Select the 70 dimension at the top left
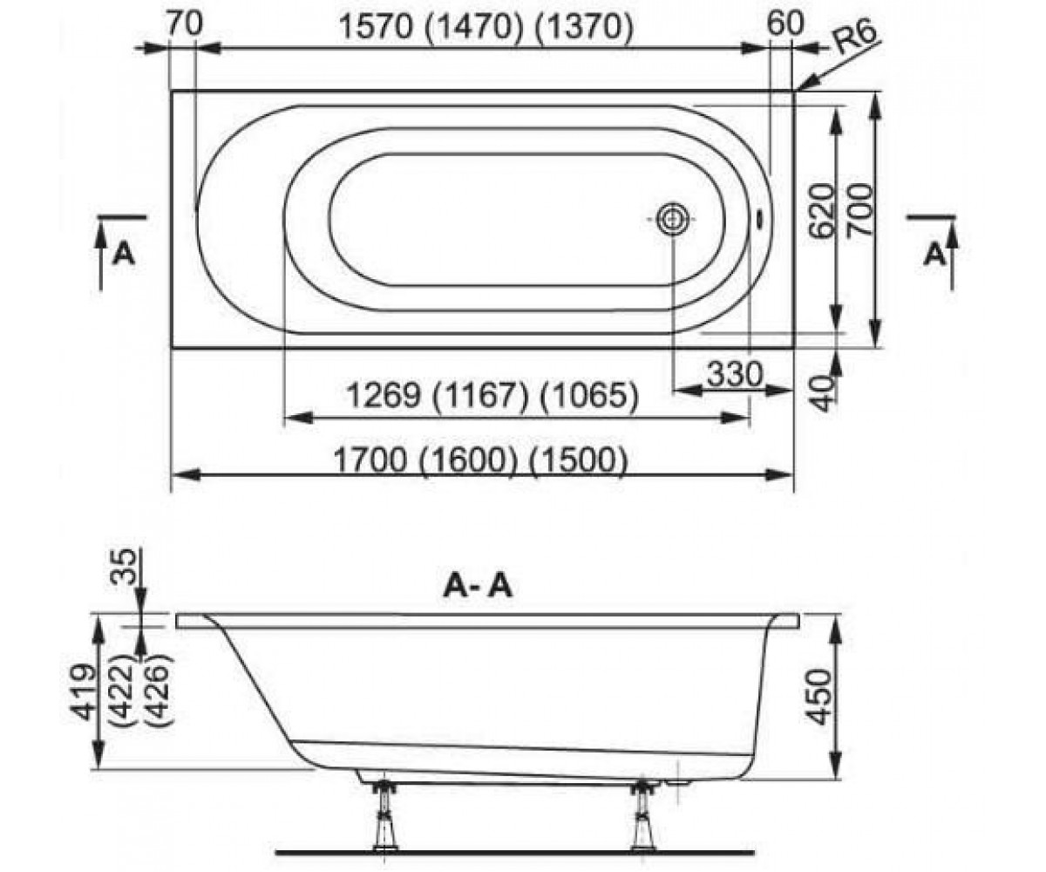point(185,24)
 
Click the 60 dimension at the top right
point(785,23)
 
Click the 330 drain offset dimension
point(735,374)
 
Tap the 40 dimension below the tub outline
point(823,394)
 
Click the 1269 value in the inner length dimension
point(384,396)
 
